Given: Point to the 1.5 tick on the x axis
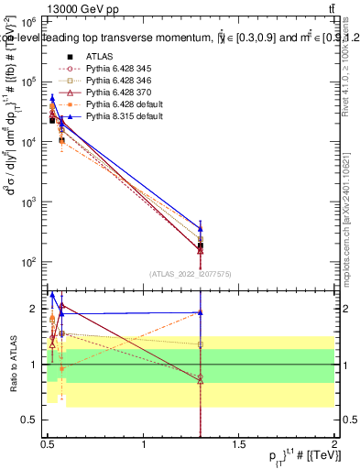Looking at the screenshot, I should click(239, 442).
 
